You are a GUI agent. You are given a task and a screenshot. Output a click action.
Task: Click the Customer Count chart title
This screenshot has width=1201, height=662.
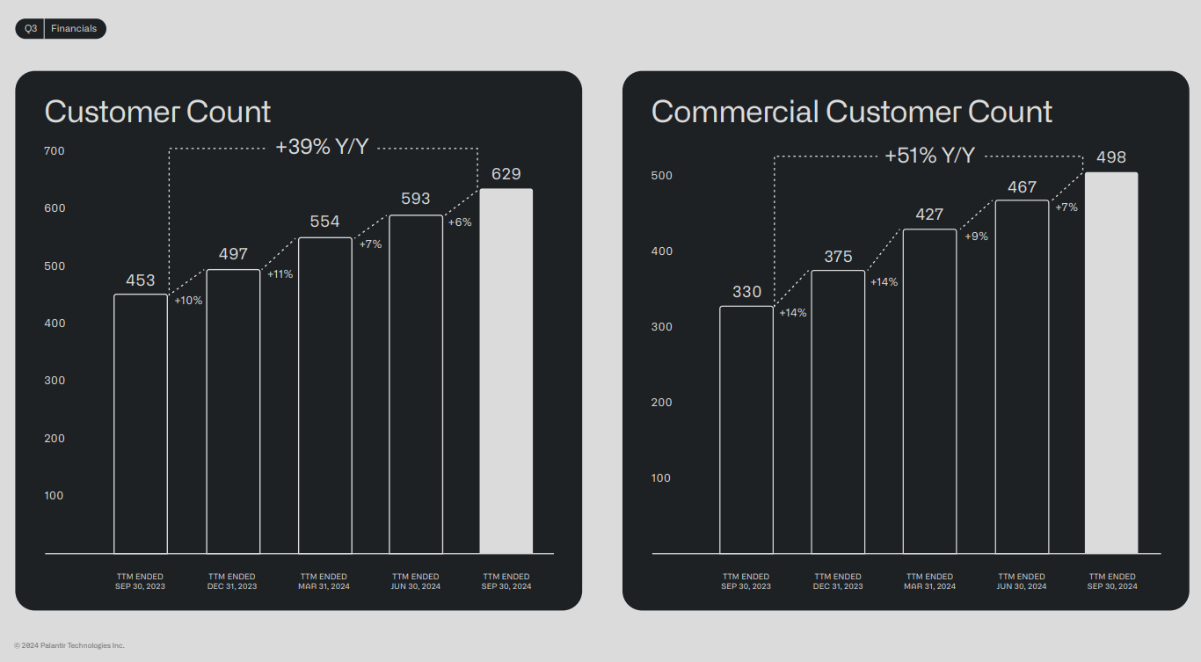pyautogui.click(x=157, y=113)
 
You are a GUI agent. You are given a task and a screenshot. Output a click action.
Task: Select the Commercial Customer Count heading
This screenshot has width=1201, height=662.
pyautogui.click(x=851, y=113)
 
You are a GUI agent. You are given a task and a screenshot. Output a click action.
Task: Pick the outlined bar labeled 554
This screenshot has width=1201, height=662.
pyautogui.click(x=324, y=396)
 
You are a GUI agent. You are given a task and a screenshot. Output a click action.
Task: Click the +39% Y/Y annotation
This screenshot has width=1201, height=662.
pyautogui.click(x=322, y=148)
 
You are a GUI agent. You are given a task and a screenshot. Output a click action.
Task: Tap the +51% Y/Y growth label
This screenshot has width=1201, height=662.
pyautogui.click(x=929, y=156)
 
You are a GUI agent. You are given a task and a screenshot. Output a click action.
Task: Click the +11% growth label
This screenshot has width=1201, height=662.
pyautogui.click(x=280, y=274)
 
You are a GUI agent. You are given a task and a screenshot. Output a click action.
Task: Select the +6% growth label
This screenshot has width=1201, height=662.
pyautogui.click(x=460, y=222)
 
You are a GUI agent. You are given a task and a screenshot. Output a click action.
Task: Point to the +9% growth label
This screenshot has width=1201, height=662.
pyautogui.click(x=976, y=236)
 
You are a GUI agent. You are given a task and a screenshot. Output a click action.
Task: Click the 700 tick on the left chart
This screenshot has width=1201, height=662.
pyautogui.click(x=55, y=151)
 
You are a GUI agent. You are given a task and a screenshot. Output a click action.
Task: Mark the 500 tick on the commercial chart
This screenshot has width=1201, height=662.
pyautogui.click(x=661, y=176)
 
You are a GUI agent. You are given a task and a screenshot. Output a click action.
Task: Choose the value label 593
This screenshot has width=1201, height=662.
pyautogui.click(x=416, y=199)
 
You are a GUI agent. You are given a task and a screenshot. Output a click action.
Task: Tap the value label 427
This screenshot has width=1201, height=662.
pyautogui.click(x=929, y=215)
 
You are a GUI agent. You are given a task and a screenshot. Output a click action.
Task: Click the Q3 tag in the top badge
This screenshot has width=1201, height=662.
pyautogui.click(x=31, y=29)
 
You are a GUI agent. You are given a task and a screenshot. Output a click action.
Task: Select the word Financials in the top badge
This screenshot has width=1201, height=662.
pyautogui.click(x=74, y=29)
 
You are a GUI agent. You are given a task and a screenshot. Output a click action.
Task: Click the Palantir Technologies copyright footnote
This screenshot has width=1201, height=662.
pyautogui.click(x=69, y=645)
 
